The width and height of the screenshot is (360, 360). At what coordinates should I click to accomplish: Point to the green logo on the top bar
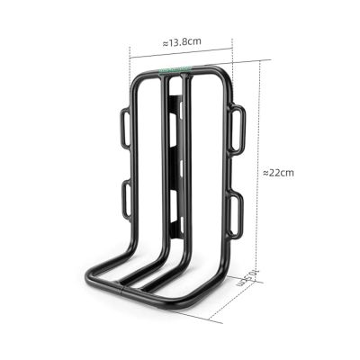[x=174, y=68]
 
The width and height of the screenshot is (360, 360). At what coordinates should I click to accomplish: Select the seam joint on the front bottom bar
[x=121, y=289]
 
